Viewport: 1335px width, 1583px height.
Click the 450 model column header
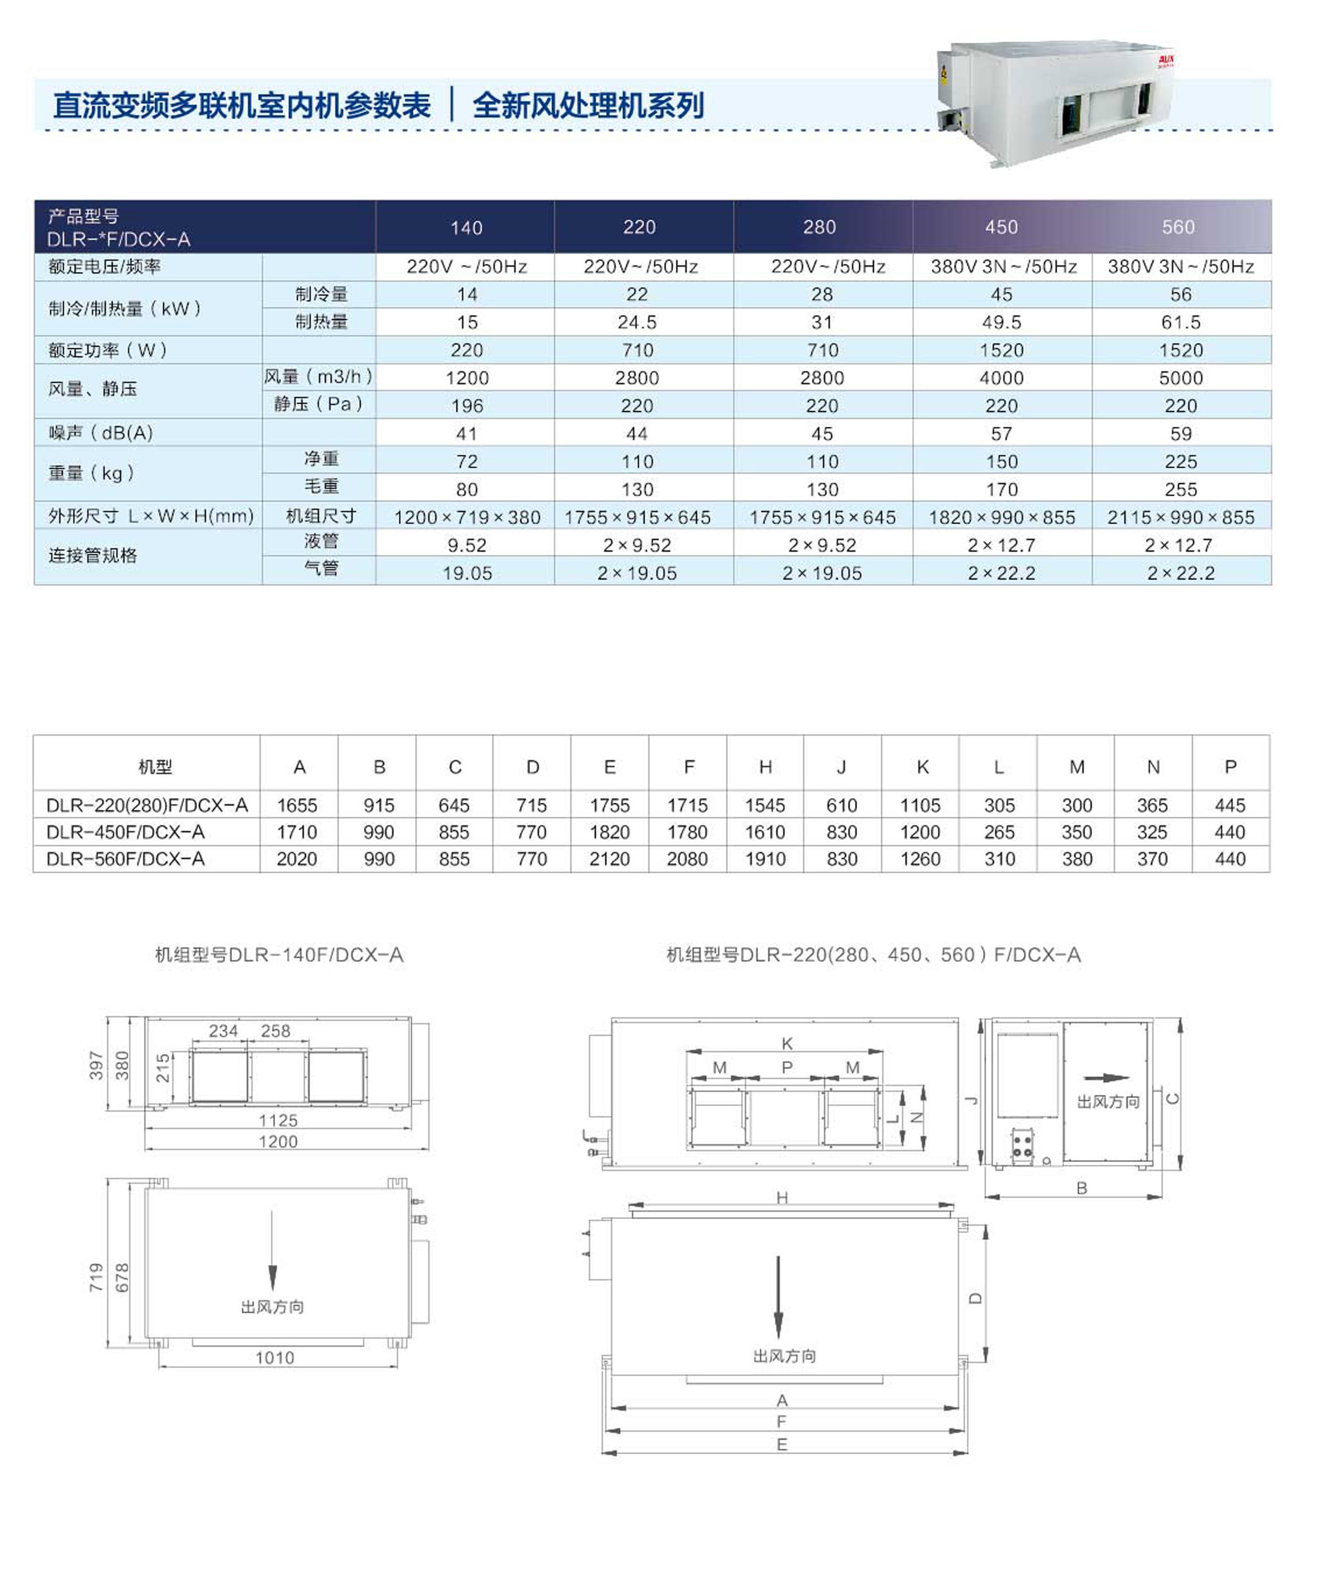pyautogui.click(x=1001, y=227)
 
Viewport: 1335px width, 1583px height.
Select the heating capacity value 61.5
pyautogui.click(x=1181, y=322)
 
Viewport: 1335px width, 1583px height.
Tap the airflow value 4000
pyautogui.click(x=1001, y=378)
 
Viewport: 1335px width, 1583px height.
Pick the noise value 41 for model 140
pyautogui.click(x=467, y=434)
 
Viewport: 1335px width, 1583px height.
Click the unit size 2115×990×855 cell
pyautogui.click(x=1181, y=517)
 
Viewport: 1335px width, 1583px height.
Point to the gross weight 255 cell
pyautogui.click(x=1181, y=489)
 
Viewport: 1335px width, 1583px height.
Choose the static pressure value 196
pyautogui.click(x=467, y=406)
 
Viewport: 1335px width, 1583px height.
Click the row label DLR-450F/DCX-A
pyautogui.click(x=126, y=832)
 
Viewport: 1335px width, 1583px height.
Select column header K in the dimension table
pyautogui.click(x=922, y=767)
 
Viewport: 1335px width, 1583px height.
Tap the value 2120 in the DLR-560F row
pyautogui.click(x=609, y=860)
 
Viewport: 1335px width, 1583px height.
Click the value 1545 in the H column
pyautogui.click(x=765, y=806)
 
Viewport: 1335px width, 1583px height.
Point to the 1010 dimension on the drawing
pyautogui.click(x=275, y=1358)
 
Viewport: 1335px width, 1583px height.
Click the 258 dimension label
pyautogui.click(x=275, y=1031)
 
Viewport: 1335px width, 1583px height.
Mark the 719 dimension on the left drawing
pyautogui.click(x=96, y=1277)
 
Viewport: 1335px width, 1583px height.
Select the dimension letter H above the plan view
pyautogui.click(x=782, y=1197)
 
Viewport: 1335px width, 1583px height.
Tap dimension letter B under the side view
pyautogui.click(x=1081, y=1188)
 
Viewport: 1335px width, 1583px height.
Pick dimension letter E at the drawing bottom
pyautogui.click(x=782, y=1444)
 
